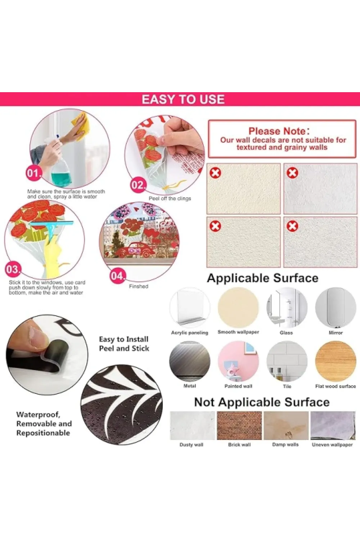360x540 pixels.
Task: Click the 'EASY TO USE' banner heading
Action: coord(183,99)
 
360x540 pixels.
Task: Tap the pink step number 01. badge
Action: coord(33,173)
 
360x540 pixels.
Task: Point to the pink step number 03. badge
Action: coord(13,269)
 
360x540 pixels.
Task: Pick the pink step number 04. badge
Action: coord(118,276)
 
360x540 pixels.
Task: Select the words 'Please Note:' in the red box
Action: coord(279,131)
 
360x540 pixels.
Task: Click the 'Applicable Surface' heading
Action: coord(262,278)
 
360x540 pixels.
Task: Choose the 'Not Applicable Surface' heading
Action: coord(262,402)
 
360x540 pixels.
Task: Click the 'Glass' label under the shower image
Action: coord(286,333)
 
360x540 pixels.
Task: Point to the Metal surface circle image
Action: coord(190,361)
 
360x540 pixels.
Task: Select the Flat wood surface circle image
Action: coord(336,361)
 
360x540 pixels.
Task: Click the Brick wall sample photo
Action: coord(239,426)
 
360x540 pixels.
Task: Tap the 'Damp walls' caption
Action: coord(285,445)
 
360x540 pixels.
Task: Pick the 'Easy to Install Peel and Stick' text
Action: coord(124,344)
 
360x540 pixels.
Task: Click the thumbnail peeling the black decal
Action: coord(47,355)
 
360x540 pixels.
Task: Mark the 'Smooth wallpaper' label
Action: coord(238,332)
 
